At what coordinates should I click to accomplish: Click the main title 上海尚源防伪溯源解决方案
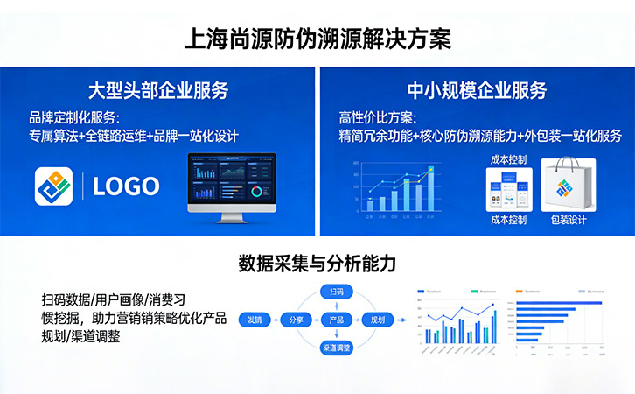click(x=317, y=39)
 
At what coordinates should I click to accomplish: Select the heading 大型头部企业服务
click(x=158, y=90)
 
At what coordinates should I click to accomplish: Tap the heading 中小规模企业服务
click(x=477, y=90)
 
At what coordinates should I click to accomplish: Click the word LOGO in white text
click(x=126, y=186)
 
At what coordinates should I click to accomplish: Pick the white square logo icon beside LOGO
click(x=54, y=186)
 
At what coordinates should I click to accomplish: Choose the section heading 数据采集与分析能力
click(x=317, y=263)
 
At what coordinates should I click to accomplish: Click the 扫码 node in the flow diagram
click(x=336, y=291)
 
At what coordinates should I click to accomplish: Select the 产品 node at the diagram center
click(x=336, y=320)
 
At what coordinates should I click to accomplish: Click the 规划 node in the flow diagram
click(x=378, y=320)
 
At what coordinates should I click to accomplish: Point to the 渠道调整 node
click(x=336, y=348)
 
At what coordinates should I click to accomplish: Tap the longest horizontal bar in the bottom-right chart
click(x=559, y=302)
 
